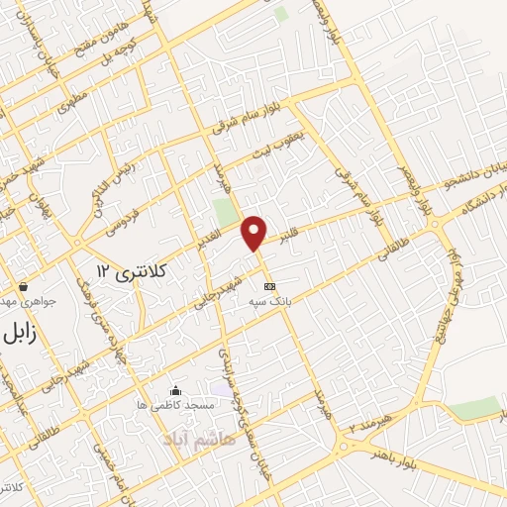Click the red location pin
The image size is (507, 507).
[x=255, y=231]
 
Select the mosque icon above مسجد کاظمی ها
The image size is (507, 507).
[x=176, y=390]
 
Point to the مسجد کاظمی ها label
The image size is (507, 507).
[x=176, y=406]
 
